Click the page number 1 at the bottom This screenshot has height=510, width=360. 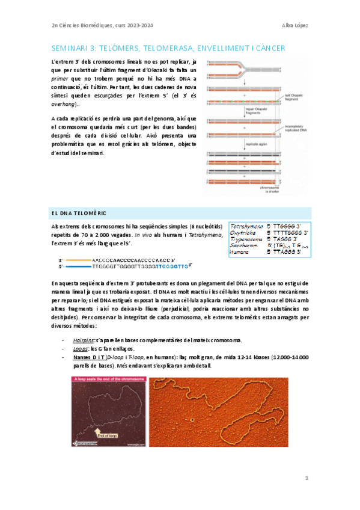pos(307,478)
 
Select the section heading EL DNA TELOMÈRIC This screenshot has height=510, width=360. pos(75,214)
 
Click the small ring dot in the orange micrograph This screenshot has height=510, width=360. pos(192,420)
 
